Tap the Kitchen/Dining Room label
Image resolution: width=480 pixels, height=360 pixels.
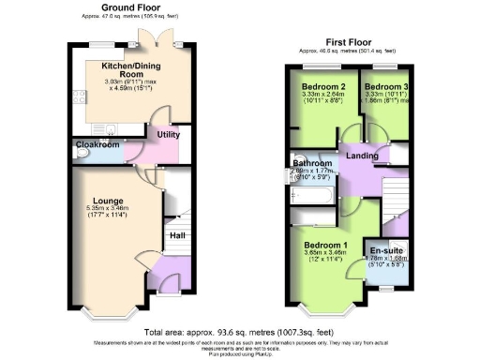click(x=124, y=68)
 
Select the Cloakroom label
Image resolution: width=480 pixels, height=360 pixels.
click(x=97, y=145)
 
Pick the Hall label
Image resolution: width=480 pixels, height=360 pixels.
click(x=176, y=234)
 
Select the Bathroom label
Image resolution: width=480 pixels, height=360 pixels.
click(x=313, y=163)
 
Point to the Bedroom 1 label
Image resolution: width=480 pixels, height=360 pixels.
click(x=326, y=246)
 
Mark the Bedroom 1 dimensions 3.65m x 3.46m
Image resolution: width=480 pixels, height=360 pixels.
click(x=326, y=254)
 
